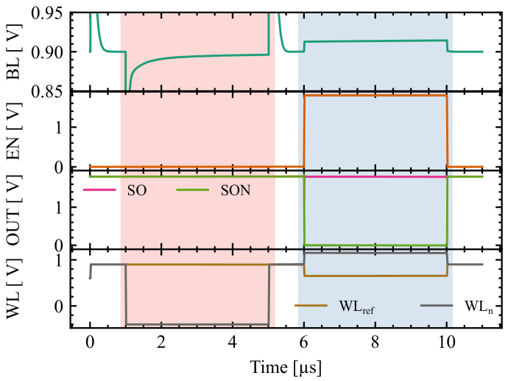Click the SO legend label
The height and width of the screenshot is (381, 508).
click(x=137, y=191)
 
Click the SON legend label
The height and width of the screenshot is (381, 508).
click(x=236, y=191)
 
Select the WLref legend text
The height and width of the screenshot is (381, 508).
click(x=356, y=306)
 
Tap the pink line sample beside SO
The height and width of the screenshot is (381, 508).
click(x=99, y=190)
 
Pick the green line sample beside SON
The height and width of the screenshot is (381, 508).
click(x=193, y=190)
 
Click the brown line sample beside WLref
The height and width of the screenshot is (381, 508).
click(x=310, y=305)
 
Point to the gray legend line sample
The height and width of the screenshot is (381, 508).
click(x=436, y=305)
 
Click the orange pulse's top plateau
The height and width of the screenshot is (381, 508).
click(x=375, y=96)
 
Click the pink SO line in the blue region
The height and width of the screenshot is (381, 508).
click(x=375, y=177)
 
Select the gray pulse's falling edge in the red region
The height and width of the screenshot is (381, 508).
click(x=126, y=295)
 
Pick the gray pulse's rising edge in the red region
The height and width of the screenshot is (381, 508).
click(x=269, y=295)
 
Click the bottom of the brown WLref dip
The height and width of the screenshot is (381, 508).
click(x=375, y=276)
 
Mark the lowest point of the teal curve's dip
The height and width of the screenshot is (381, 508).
click(x=129, y=88)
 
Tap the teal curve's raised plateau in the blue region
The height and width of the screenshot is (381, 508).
click(x=375, y=41)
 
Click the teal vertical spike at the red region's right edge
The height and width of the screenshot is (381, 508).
click(x=269, y=33)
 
